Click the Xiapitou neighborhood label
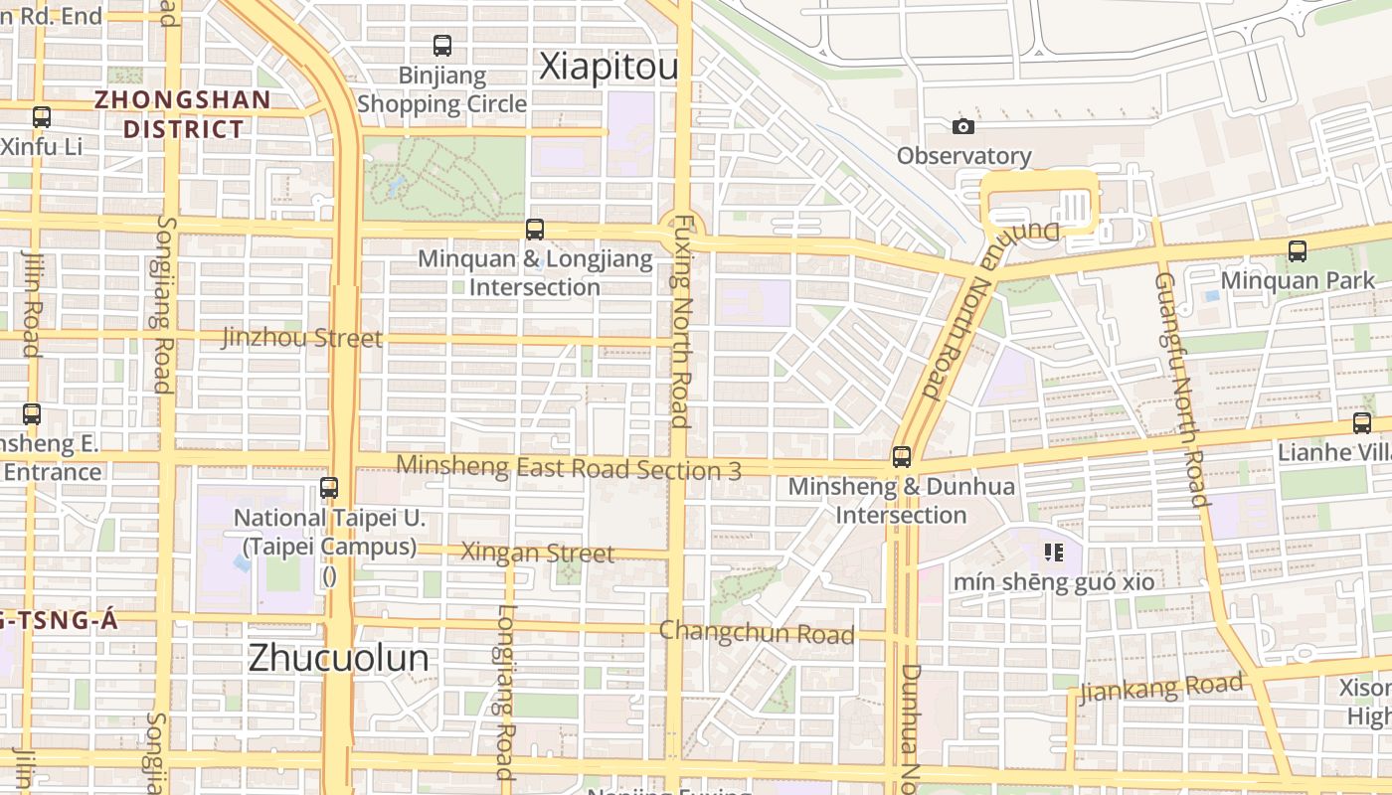point(609,67)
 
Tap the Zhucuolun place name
point(338,658)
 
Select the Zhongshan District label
point(183,114)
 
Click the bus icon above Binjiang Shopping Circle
point(442,46)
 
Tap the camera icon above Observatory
point(962,126)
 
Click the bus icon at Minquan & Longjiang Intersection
point(535,230)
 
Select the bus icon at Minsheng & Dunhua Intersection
point(902,457)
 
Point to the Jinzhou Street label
point(301,338)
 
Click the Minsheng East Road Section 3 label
point(568,467)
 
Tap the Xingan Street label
point(537,553)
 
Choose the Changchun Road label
point(757,632)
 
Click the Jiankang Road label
point(1160,688)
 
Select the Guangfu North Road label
point(1180,388)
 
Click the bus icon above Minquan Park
point(1298,251)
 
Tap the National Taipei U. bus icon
point(329,488)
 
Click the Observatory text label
point(963,156)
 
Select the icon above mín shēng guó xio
point(1054,553)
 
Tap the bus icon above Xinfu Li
point(41,117)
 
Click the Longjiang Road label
point(505,691)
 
